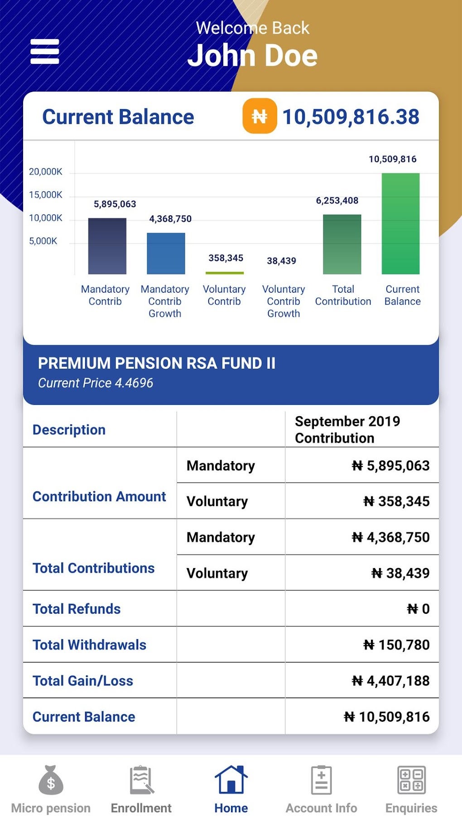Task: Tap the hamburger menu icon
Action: pyautogui.click(x=44, y=51)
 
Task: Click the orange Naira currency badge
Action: pyautogui.click(x=260, y=116)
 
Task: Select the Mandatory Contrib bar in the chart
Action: pyautogui.click(x=107, y=246)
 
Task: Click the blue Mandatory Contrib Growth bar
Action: pyautogui.click(x=166, y=253)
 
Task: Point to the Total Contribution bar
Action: pyautogui.click(x=342, y=244)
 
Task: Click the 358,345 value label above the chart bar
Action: pyautogui.click(x=226, y=258)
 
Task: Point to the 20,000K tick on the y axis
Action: pyautogui.click(x=45, y=172)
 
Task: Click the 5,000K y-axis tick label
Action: pyautogui.click(x=43, y=241)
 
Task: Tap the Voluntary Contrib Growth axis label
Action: pyautogui.click(x=284, y=301)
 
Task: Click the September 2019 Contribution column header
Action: pyautogui.click(x=347, y=429)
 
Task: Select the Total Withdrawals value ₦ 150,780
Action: pyautogui.click(x=396, y=645)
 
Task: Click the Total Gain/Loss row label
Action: pyautogui.click(x=83, y=681)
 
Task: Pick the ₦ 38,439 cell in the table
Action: pyautogui.click(x=400, y=573)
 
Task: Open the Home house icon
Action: pyautogui.click(x=231, y=780)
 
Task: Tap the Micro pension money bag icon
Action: pyautogui.click(x=51, y=780)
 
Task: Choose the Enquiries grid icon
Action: pyautogui.click(x=411, y=780)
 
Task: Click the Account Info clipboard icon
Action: pyautogui.click(x=321, y=780)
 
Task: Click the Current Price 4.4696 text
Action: pyautogui.click(x=96, y=383)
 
